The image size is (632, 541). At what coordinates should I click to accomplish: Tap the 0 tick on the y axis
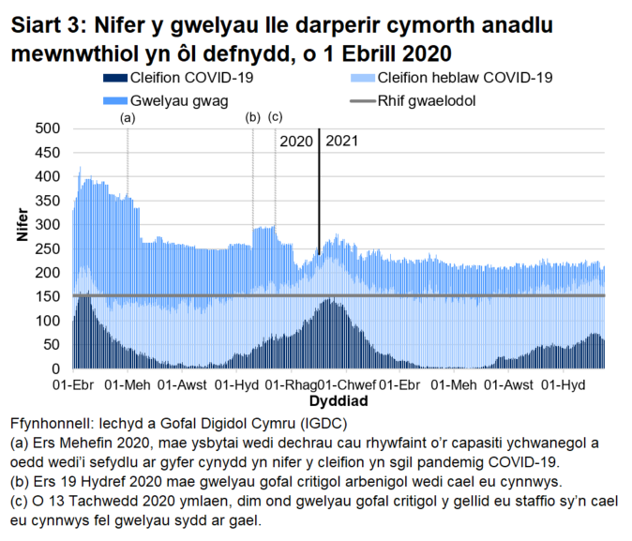55,368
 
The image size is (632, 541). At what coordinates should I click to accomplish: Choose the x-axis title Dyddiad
339,400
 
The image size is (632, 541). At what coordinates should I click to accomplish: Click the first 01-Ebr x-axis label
75,385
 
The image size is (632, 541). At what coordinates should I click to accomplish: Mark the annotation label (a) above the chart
128,118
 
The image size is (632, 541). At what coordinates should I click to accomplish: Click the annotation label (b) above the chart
252,117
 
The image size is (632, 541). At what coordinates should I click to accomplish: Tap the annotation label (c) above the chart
275,117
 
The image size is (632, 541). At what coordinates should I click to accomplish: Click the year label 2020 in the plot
296,143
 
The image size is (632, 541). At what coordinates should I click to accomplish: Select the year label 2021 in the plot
341,143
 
